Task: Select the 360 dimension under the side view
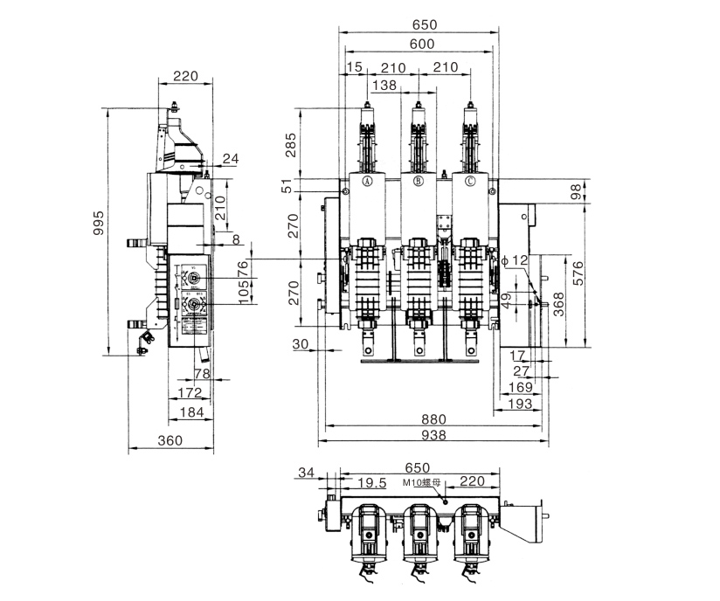point(170,440)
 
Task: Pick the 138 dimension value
point(384,85)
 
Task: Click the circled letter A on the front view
point(367,182)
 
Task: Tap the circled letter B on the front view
point(419,182)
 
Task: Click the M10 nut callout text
point(422,482)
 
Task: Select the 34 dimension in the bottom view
point(305,473)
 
